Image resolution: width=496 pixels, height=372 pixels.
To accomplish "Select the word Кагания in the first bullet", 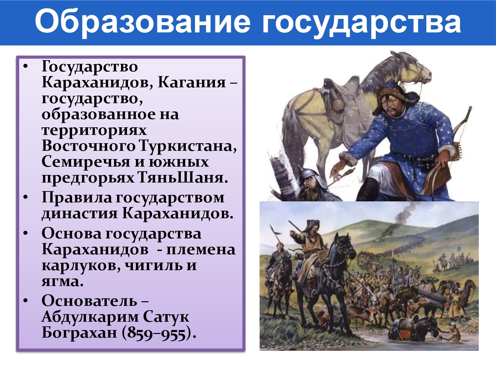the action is [192, 82].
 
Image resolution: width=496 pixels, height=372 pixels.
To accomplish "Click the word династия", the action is [80, 213].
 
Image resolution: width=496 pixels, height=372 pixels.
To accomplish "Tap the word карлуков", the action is [81, 266].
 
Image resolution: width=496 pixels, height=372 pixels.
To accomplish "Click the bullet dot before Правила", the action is [25, 197].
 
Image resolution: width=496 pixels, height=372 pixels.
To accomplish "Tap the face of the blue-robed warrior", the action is [390, 105].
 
